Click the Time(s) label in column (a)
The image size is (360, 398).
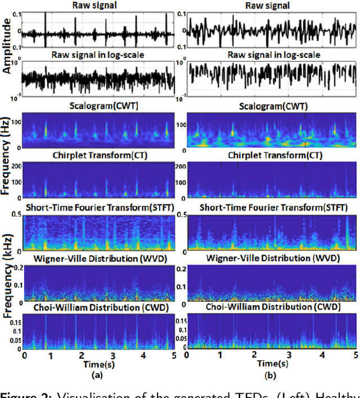coord(98,364)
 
